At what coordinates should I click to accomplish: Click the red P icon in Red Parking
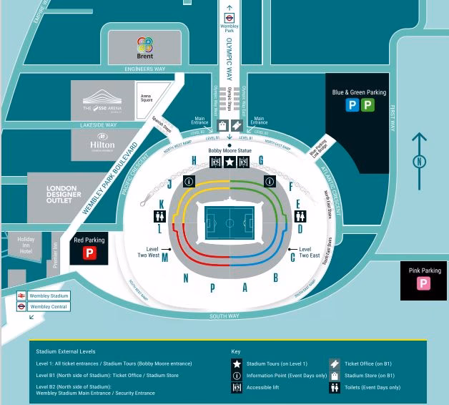(90, 253)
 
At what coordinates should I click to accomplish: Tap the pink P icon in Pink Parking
(424, 283)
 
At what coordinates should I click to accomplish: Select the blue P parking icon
(352, 105)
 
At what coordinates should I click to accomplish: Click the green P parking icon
(367, 105)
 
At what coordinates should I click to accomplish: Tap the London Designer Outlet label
(64, 194)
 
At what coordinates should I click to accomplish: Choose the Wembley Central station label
(49, 307)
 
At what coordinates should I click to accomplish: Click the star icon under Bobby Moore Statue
(230, 162)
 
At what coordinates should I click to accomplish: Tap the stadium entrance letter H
(194, 160)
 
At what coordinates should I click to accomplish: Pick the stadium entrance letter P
(212, 288)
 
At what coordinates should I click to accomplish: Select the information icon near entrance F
(270, 180)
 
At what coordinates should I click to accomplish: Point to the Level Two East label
(309, 252)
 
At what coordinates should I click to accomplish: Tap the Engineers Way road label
(145, 69)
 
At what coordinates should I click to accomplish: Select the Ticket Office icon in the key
(334, 363)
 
